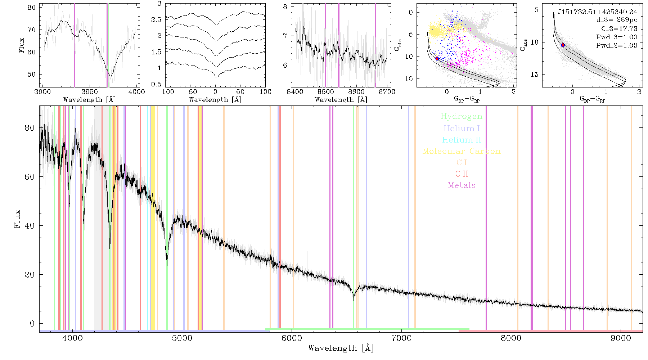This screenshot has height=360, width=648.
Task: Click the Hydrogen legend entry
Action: pyautogui.click(x=461, y=116)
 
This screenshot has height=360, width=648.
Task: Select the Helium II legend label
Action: pyautogui.click(x=461, y=140)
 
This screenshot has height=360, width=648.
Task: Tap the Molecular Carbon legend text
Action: pyautogui.click(x=462, y=151)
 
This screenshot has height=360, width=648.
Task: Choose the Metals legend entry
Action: pyautogui.click(x=462, y=185)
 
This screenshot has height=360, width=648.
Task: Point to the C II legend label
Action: pyautogui.click(x=462, y=174)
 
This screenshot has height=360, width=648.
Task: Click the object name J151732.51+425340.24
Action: pyautogui.click(x=598, y=12)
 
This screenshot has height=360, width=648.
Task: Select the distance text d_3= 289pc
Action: pyautogui.click(x=617, y=20)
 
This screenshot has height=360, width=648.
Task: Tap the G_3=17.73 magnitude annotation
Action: pyautogui.click(x=619, y=28)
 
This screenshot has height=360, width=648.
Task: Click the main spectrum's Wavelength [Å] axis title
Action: pyautogui.click(x=341, y=348)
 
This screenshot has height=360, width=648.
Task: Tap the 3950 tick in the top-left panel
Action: pyautogui.click(x=90, y=91)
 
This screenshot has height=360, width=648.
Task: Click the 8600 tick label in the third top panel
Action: pyautogui.click(x=356, y=91)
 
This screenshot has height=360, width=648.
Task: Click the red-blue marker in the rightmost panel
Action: pyautogui.click(x=563, y=45)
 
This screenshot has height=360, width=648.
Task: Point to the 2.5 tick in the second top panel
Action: pyautogui.click(x=156, y=19)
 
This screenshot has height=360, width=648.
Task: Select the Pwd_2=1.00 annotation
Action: pyautogui.click(x=617, y=45)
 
